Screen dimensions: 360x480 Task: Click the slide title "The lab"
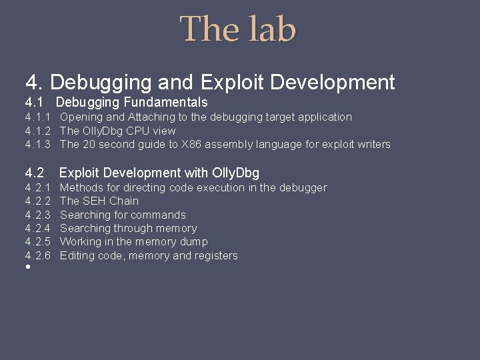click(238, 30)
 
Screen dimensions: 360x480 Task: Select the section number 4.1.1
click(38, 117)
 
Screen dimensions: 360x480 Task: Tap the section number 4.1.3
click(38, 145)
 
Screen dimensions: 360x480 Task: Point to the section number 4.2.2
click(38, 201)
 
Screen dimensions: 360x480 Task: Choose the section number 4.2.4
click(38, 229)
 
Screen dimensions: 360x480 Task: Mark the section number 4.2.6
click(38, 256)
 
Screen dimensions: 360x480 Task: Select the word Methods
click(81, 188)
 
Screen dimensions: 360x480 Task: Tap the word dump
click(195, 242)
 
